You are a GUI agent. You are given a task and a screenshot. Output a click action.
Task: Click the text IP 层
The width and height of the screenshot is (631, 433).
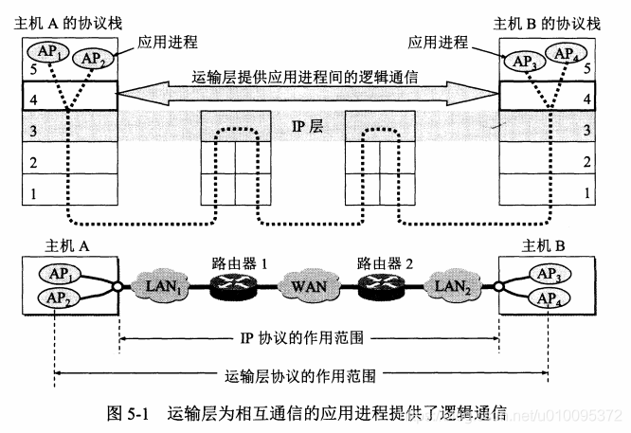(x=307, y=125)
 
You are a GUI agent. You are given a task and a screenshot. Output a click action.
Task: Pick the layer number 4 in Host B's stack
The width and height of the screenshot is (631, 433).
(x=587, y=98)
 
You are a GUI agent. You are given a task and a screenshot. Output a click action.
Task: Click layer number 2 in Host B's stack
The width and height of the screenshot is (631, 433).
(x=587, y=162)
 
